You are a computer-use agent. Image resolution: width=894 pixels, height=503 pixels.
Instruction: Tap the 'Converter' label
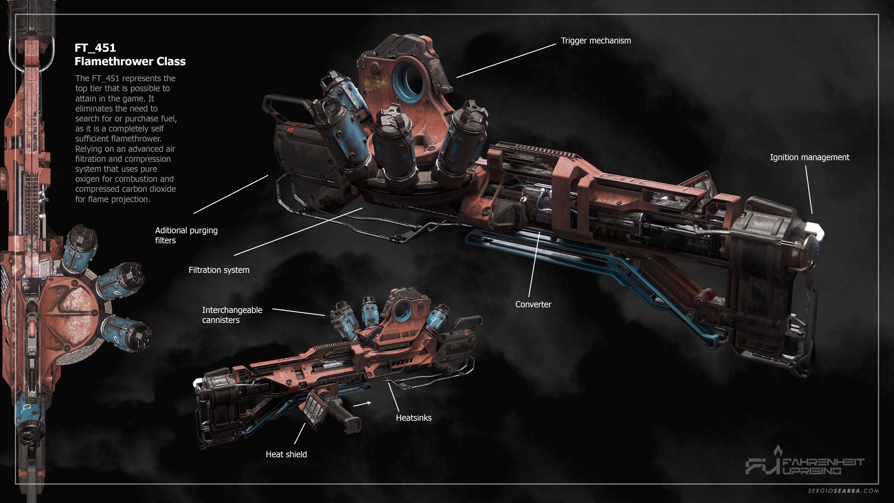click(x=533, y=304)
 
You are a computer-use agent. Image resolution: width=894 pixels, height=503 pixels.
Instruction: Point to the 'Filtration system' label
click(x=219, y=270)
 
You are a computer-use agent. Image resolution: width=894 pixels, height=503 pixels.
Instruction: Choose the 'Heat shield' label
click(x=286, y=454)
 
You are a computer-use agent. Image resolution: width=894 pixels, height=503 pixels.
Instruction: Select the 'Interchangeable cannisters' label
click(x=232, y=315)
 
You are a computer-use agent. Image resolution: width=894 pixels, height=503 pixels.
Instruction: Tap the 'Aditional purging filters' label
click(x=186, y=235)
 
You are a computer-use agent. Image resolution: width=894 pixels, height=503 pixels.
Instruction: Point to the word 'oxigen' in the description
click(x=87, y=179)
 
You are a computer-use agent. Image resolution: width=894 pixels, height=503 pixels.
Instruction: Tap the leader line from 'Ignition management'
click(x=809, y=189)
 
